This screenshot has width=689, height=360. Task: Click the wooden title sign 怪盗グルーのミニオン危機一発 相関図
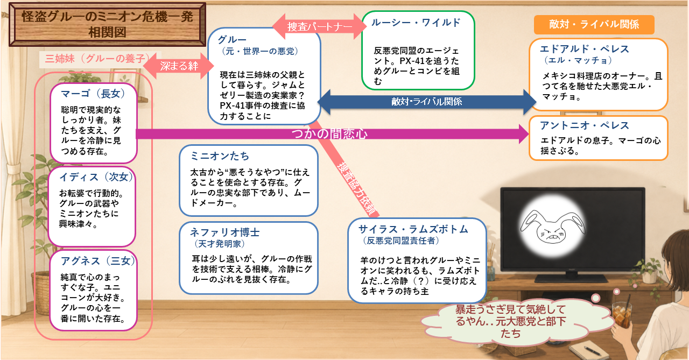click(107, 24)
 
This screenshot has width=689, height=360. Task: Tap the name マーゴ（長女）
click(93, 94)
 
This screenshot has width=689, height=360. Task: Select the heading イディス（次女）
click(96, 177)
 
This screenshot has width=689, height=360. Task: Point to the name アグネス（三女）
click(97, 260)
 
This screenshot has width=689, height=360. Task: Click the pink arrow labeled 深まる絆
click(179, 66)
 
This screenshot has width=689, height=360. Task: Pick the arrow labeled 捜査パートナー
click(320, 26)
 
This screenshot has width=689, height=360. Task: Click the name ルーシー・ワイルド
click(416, 23)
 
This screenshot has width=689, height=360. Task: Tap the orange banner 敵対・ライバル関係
click(594, 24)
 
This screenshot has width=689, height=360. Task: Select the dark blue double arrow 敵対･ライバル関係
click(427, 102)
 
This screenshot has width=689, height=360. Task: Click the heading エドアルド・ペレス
click(585, 49)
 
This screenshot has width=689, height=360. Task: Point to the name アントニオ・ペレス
click(585, 125)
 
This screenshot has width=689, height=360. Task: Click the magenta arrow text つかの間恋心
click(329, 134)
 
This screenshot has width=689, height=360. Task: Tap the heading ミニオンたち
click(220, 156)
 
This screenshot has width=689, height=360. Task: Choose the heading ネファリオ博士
click(225, 232)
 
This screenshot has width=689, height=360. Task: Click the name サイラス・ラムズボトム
click(413, 229)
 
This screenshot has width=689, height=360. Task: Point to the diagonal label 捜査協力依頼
click(357, 188)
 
